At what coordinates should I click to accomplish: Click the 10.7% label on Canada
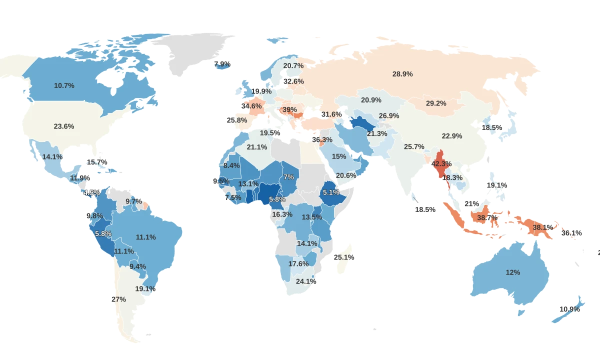(x=64, y=85)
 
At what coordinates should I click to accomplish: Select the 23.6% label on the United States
(x=64, y=126)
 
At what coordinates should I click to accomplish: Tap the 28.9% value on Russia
(x=402, y=74)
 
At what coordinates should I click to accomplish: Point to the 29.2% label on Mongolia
(x=436, y=103)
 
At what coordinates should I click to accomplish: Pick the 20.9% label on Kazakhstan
(x=371, y=100)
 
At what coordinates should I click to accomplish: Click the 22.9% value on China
(x=452, y=136)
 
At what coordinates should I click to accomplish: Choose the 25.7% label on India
(x=414, y=146)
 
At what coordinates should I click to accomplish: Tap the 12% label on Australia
(x=513, y=272)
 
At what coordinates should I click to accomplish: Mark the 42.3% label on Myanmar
(x=441, y=163)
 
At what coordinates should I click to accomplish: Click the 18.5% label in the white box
(x=425, y=209)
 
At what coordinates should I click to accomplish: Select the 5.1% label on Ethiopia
(x=331, y=192)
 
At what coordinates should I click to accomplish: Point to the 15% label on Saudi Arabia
(x=339, y=156)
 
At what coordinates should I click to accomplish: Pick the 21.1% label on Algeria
(x=257, y=147)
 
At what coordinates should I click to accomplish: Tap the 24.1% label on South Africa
(x=305, y=281)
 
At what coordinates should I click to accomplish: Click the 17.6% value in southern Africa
(x=298, y=263)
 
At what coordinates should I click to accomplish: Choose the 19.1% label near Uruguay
(x=145, y=288)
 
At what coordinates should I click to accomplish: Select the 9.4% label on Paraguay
(x=137, y=266)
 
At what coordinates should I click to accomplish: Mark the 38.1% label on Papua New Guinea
(x=542, y=227)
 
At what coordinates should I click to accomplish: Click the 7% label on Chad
(x=288, y=177)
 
